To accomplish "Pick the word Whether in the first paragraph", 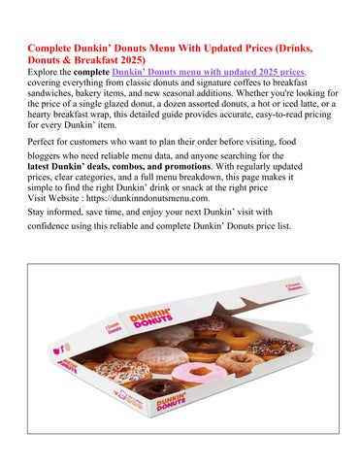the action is [x=271, y=98].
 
